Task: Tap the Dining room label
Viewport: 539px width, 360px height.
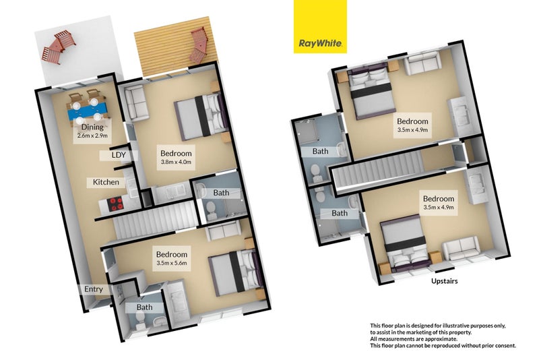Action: [x=92, y=127]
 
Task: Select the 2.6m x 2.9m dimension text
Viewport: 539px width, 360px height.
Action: [x=92, y=136]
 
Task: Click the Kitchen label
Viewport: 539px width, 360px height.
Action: [x=106, y=182]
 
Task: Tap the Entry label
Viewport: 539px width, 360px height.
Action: [x=94, y=289]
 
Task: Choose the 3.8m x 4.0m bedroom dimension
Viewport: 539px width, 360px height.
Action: [x=177, y=162]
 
